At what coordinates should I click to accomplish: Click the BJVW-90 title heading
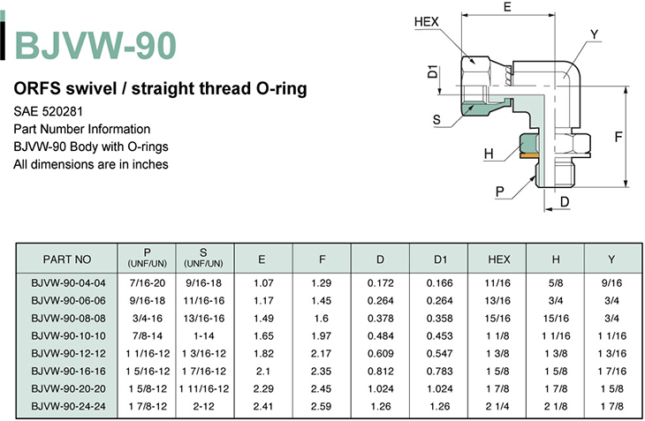95,46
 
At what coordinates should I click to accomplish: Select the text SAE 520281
48,111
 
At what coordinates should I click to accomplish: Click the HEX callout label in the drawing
427,21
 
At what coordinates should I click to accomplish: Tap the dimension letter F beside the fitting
618,137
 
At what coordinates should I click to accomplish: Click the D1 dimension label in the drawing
433,71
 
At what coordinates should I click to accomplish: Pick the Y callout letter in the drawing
594,34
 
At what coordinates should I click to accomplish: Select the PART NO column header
66,259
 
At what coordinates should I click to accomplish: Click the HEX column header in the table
498,259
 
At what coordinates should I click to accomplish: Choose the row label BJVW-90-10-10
68,336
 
